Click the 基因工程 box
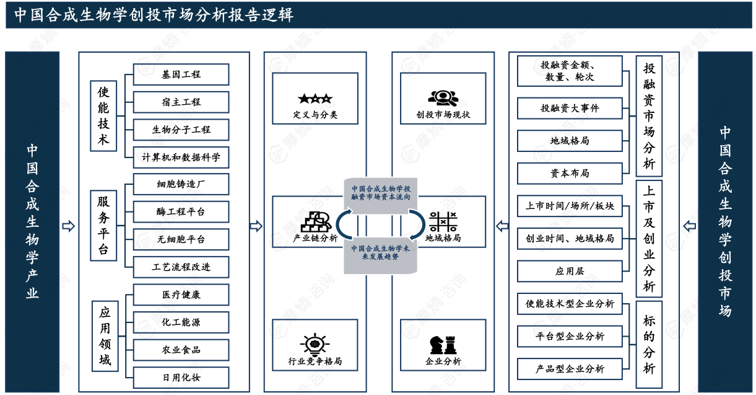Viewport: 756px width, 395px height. pyautogui.click(x=181, y=74)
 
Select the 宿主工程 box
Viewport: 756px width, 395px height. pyautogui.click(x=181, y=102)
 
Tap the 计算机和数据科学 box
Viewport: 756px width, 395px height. pyautogui.click(x=181, y=157)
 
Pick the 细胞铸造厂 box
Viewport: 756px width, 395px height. pyautogui.click(x=181, y=184)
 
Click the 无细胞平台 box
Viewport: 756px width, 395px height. pyautogui.click(x=181, y=239)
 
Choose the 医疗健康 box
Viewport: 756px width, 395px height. pyautogui.click(x=181, y=295)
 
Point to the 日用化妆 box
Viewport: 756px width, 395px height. pyautogui.click(x=181, y=377)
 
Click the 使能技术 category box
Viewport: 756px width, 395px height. pyautogui.click(x=103, y=116)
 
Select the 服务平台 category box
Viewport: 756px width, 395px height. pyautogui.click(x=103, y=225)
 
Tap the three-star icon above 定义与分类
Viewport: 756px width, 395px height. pyautogui.click(x=315, y=99)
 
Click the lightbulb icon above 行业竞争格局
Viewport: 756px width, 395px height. pyautogui.click(x=315, y=344)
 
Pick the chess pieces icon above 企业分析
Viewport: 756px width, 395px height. pyautogui.click(x=443, y=344)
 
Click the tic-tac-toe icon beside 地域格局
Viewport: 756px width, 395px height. pyautogui.click(x=443, y=221)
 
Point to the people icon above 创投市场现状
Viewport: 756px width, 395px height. pyautogui.click(x=443, y=97)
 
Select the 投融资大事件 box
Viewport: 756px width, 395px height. pyautogui.click(x=570, y=108)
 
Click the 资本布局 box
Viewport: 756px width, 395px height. pyautogui.click(x=570, y=173)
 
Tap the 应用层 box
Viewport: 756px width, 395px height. pyautogui.click(x=570, y=271)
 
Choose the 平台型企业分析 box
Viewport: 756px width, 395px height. pyautogui.click(x=570, y=336)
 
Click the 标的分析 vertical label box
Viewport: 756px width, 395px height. pyautogui.click(x=649, y=345)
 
